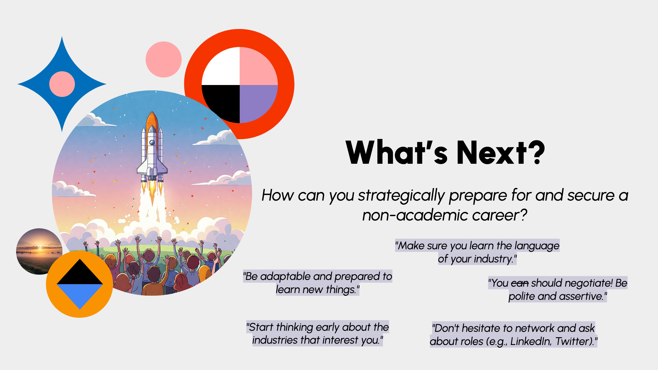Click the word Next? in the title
tap(501, 152)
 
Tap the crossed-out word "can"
tap(519, 283)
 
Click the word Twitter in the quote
tap(574, 341)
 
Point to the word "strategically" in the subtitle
tap(401, 195)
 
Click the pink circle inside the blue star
tap(62, 84)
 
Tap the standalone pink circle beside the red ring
tap(164, 59)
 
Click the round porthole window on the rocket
tap(152, 142)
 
